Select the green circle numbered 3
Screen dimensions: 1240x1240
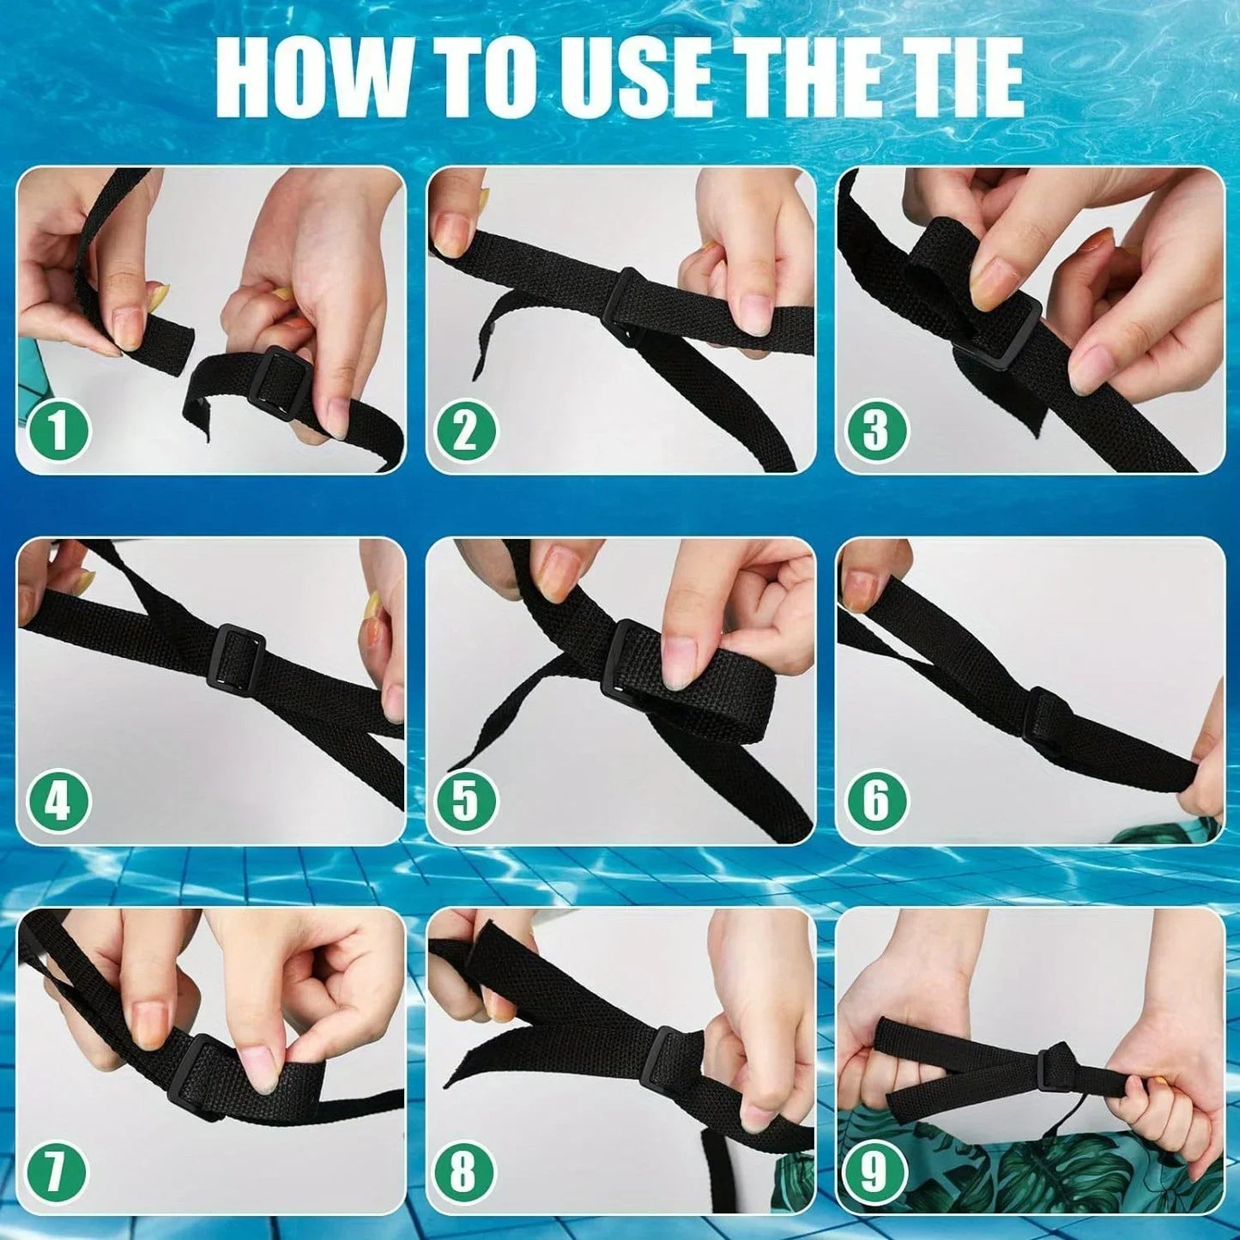pyautogui.click(x=874, y=431)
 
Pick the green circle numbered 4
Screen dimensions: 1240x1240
pyautogui.click(x=58, y=802)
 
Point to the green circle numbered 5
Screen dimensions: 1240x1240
pyautogui.click(x=466, y=801)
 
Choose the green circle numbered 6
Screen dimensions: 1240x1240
pyautogui.click(x=874, y=801)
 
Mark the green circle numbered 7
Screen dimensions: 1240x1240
pyautogui.click(x=57, y=1172)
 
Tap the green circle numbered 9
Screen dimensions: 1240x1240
pyautogui.click(x=874, y=1173)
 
